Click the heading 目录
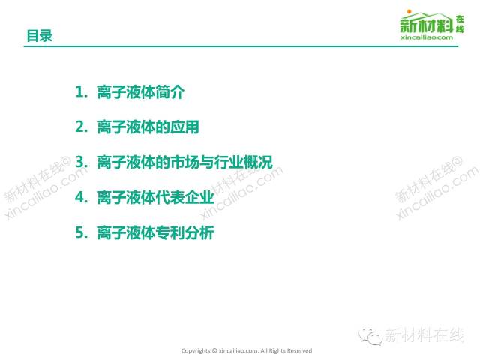tap(40, 36)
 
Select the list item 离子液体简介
tap(141, 91)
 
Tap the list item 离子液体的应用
tap(148, 127)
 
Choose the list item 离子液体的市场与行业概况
tap(184, 162)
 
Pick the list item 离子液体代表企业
tap(155, 197)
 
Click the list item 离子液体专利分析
tap(155, 232)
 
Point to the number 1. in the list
tap(82, 91)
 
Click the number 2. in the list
tap(82, 127)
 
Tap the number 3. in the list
tap(82, 162)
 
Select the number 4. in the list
tap(82, 197)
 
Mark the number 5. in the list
tap(82, 232)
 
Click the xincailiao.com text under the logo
tap(427, 37)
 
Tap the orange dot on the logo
tap(409, 12)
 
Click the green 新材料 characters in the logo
tap(427, 25)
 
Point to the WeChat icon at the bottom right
tap(370, 336)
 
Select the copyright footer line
tap(247, 350)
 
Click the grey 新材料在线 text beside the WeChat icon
tap(424, 335)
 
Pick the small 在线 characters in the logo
tap(460, 24)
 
